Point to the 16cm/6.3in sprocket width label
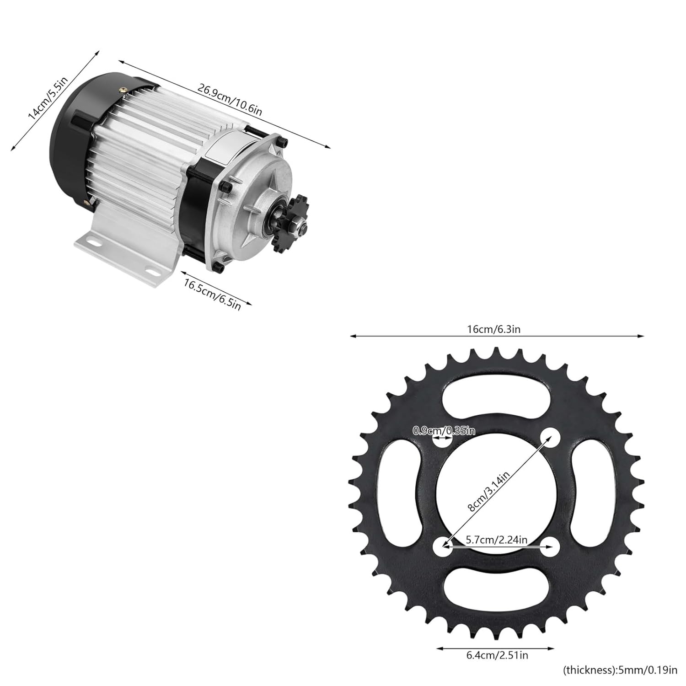click(x=493, y=329)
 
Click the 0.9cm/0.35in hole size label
click(x=444, y=430)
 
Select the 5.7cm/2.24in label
click(x=497, y=540)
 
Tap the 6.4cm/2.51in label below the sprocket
click(x=497, y=655)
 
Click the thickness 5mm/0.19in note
click(x=620, y=671)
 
